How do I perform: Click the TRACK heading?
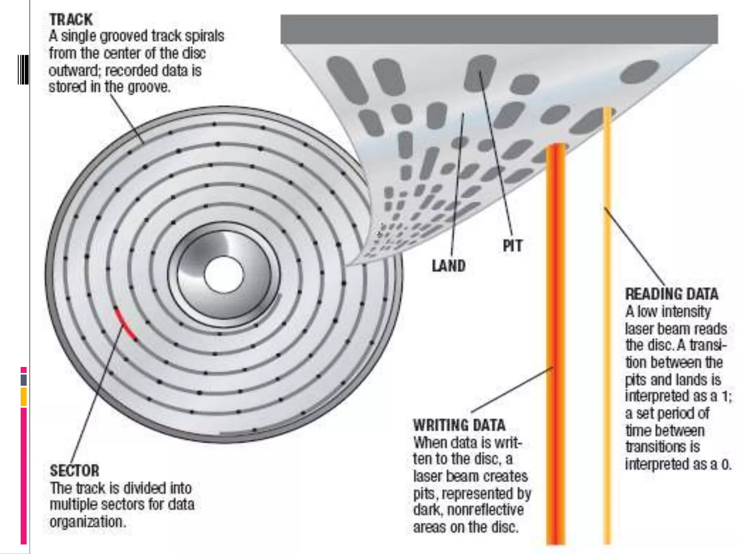point(71,19)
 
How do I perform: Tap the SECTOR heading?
point(75,471)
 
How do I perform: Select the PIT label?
point(512,246)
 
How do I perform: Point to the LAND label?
point(449,266)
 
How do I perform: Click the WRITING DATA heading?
point(459,425)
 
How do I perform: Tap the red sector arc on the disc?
point(125,324)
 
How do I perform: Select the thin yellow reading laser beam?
point(608,325)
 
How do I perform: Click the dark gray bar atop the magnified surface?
point(499,29)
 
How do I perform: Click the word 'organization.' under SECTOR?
point(88,522)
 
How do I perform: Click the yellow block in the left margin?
point(23,397)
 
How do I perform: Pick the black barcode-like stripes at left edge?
point(23,70)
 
